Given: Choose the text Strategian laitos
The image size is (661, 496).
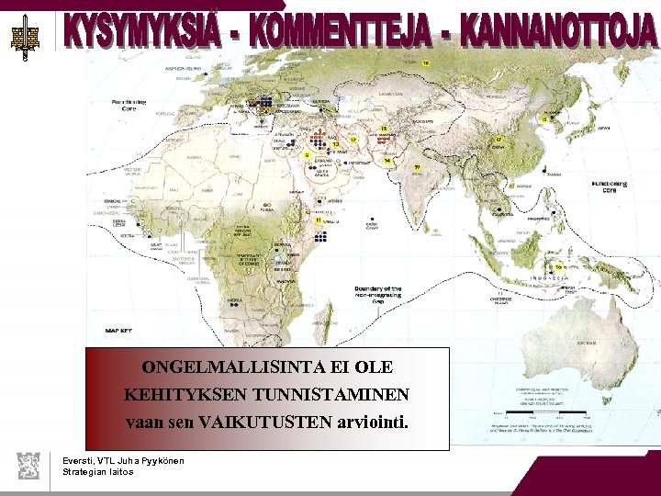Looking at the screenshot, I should pos(97,472).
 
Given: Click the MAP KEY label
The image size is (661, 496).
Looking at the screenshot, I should pos(119,330).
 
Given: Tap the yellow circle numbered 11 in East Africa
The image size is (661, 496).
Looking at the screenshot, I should pos(318,220).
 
